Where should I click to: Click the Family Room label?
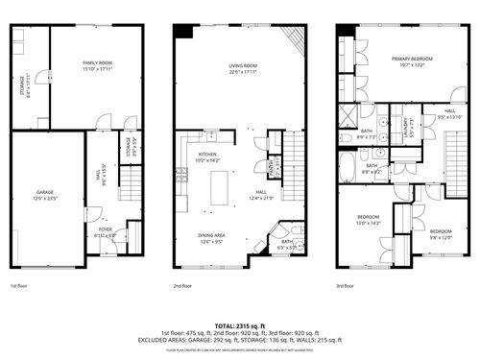coord(91,65)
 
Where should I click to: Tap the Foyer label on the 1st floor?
coord(106,230)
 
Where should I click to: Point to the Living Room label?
coord(243,67)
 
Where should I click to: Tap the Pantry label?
coord(274,169)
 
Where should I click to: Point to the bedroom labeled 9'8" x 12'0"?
coord(441,233)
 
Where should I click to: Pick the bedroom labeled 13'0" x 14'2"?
coord(369,220)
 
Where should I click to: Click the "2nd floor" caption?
coord(183,285)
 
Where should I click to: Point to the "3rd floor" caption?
coord(347,285)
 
